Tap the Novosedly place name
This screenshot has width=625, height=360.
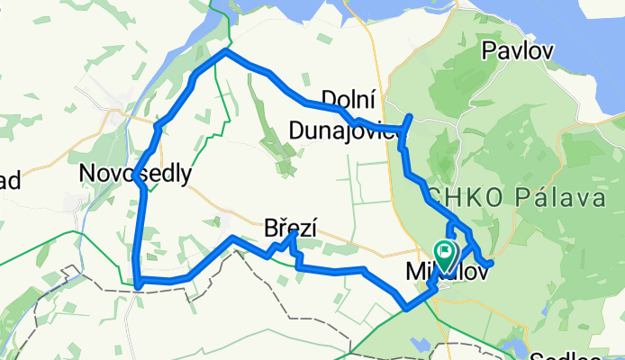(135, 173)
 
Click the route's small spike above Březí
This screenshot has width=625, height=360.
(294, 234)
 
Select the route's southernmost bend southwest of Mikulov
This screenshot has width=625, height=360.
(407, 307)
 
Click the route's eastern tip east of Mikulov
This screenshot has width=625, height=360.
(491, 262)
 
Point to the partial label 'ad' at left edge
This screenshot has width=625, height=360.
(11, 180)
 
